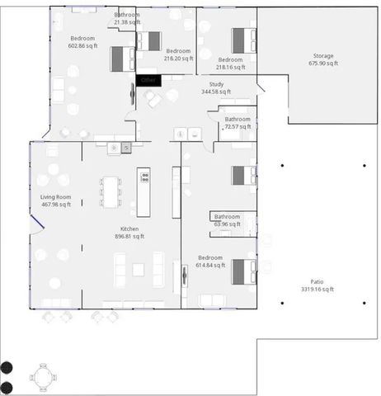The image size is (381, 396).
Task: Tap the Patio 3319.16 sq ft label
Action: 317,285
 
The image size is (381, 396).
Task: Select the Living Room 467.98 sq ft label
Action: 56,200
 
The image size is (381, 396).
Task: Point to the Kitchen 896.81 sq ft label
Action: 129,233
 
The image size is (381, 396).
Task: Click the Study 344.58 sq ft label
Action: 217,88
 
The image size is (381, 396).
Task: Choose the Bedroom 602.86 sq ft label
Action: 82,42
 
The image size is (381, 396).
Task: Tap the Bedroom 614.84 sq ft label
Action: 209,261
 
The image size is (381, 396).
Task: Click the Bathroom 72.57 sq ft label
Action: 238,123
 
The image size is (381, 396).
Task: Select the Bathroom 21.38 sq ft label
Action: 127,18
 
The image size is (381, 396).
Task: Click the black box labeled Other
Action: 149,79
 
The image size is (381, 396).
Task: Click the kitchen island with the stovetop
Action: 143,191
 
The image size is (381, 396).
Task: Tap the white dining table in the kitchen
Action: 111,191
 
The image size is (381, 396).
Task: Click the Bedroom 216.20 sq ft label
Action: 178,54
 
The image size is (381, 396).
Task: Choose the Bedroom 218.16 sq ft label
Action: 230,64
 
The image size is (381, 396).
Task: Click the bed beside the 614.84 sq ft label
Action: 243,271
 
